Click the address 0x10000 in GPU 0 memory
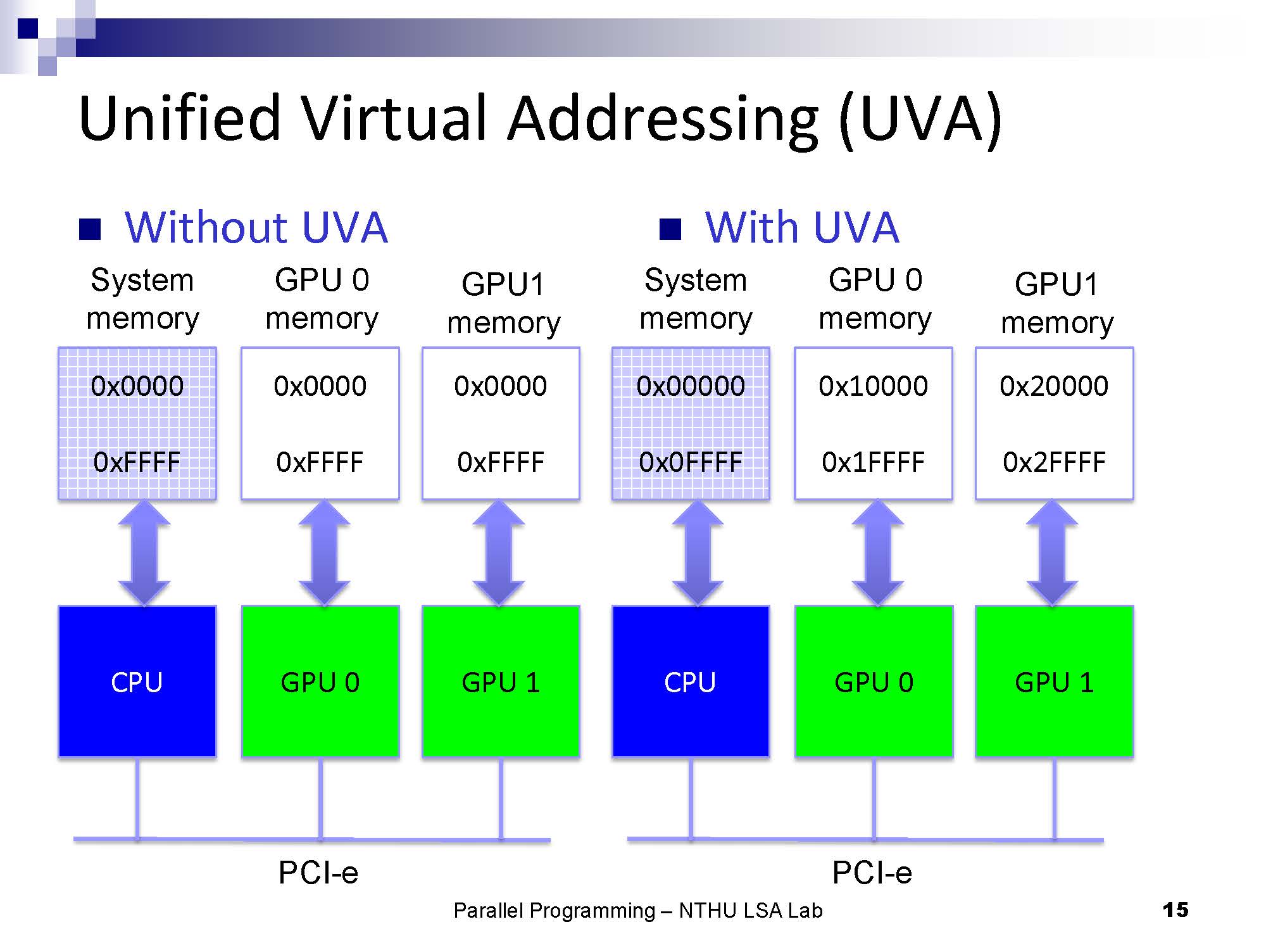click(873, 386)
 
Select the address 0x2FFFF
click(1054, 462)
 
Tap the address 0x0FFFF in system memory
click(691, 462)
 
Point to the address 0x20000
click(1054, 386)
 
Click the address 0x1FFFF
click(873, 462)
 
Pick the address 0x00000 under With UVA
click(691, 386)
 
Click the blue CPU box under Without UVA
click(137, 681)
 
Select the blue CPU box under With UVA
click(691, 681)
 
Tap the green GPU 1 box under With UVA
click(1054, 681)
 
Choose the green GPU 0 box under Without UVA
click(320, 681)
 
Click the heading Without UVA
click(256, 227)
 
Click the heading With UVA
click(801, 227)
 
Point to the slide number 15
click(1175, 910)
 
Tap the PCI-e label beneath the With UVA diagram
click(872, 873)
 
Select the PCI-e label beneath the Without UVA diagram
click(318, 873)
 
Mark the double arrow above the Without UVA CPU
click(144, 552)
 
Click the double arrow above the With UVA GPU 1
click(1052, 552)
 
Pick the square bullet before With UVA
click(670, 229)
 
